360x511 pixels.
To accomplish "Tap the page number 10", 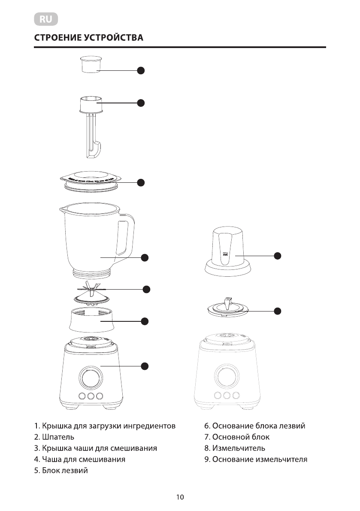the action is point(180,497).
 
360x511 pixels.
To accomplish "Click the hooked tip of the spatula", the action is point(97,150).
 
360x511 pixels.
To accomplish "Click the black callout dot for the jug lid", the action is point(141,182).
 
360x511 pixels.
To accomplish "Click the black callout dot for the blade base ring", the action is point(145,321).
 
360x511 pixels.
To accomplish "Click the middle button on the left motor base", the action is point(91,396).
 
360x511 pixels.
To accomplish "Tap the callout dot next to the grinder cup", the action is point(278,255).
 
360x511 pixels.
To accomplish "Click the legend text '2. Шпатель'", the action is point(54,437).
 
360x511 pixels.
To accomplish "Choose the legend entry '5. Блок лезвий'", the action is point(61,471).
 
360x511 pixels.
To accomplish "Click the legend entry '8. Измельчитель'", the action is point(234,448).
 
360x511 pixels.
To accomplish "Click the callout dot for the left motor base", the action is point(145,366).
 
